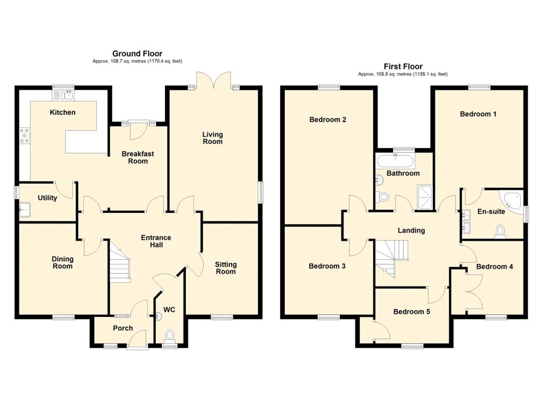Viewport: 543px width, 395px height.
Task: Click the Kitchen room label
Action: [x=63, y=113]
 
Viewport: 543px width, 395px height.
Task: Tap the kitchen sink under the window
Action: [x=66, y=96]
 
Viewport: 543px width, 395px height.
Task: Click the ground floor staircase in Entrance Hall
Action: [x=120, y=262]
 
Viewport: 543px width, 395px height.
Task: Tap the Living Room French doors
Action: [x=214, y=81]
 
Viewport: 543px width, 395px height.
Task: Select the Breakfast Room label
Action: [x=138, y=158]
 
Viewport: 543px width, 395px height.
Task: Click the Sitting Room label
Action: [x=225, y=268]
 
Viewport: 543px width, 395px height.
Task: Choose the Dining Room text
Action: [x=63, y=263]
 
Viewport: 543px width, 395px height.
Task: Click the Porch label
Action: [x=122, y=328]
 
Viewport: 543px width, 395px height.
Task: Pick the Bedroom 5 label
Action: [x=411, y=312]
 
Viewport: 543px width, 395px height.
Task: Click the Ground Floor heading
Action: [x=137, y=54]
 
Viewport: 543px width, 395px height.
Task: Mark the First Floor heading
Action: [x=403, y=66]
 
